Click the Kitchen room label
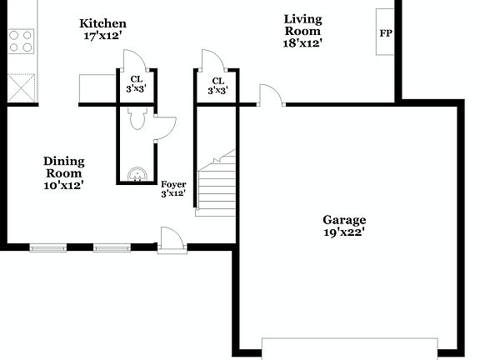[x=102, y=23]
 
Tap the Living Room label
[x=303, y=24]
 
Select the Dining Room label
[x=63, y=167]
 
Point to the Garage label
[x=344, y=220]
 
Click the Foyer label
[x=173, y=184]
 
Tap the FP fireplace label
[x=386, y=33]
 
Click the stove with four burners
[x=21, y=42]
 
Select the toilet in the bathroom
[x=137, y=121]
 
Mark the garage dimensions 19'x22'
[x=344, y=232]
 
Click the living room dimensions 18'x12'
[x=303, y=42]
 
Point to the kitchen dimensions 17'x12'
[x=102, y=36]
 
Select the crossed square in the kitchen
[x=21, y=87]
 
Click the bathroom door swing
[x=165, y=126]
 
